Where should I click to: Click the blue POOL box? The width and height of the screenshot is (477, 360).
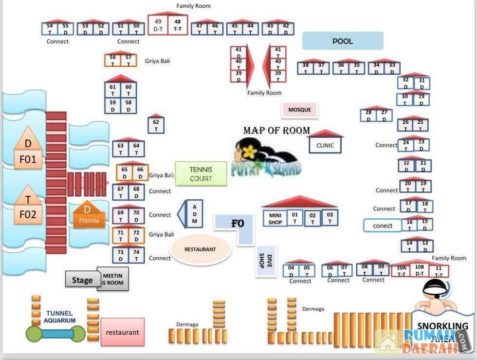[x=343, y=41]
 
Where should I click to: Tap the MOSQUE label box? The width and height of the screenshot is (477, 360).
[x=299, y=110]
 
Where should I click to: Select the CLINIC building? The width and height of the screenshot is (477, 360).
[x=325, y=145]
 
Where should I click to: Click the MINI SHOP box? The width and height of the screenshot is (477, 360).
[x=275, y=218]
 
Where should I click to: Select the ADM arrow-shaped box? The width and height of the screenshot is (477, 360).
[x=193, y=214]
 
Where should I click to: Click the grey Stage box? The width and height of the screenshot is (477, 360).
[x=81, y=280]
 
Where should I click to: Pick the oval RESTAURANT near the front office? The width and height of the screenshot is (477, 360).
[x=200, y=249]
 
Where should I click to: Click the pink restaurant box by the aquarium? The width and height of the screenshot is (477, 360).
[x=122, y=332]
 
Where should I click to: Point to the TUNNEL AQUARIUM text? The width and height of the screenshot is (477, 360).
[x=59, y=317]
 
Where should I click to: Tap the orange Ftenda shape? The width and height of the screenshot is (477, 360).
[x=89, y=216]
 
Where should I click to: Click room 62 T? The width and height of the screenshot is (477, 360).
[x=156, y=126]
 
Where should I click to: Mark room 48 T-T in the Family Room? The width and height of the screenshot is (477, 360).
[x=178, y=25]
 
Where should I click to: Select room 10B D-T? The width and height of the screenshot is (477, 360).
[x=419, y=271]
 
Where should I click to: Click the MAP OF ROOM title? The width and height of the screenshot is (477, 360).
[x=276, y=131]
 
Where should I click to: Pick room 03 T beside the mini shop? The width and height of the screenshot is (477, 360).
[x=330, y=218]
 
